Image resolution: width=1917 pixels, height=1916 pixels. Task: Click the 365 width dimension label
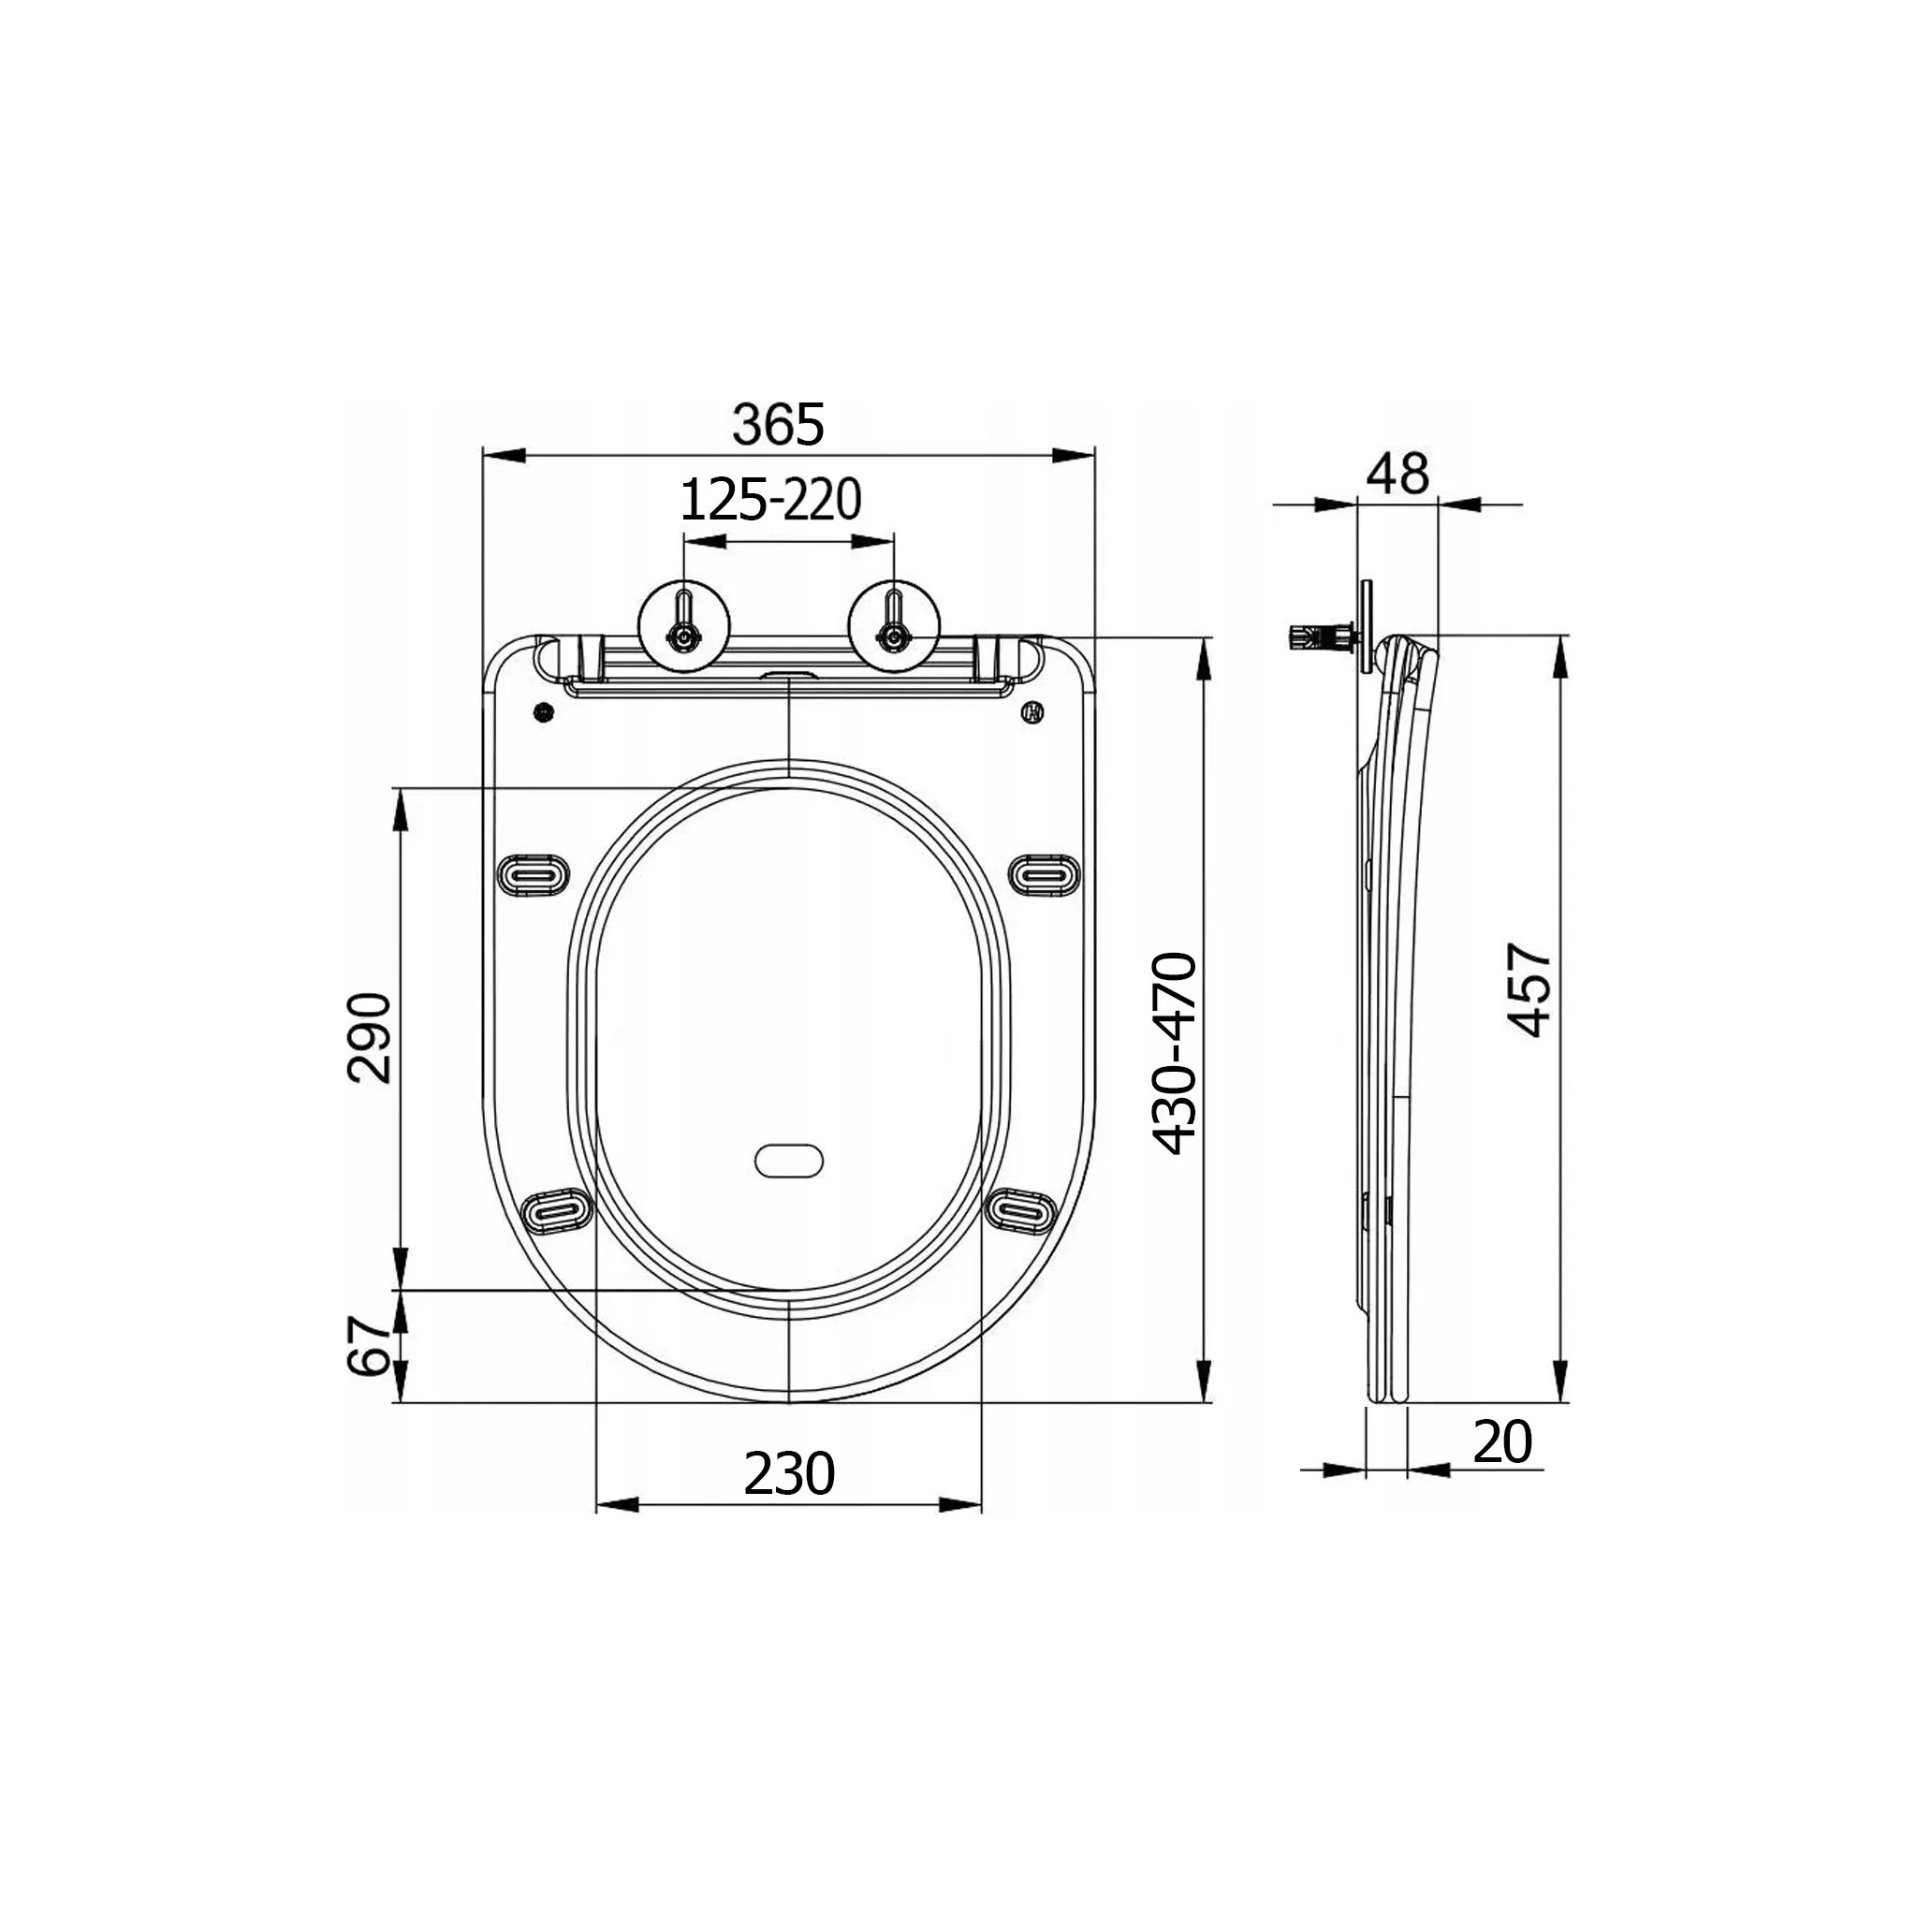click(778, 425)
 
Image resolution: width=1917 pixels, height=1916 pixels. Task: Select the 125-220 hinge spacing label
click(770, 500)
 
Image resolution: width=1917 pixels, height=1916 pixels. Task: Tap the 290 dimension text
click(370, 1037)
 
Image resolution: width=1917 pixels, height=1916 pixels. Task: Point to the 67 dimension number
click(370, 1345)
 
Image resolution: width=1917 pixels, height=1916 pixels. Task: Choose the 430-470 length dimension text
click(1177, 1054)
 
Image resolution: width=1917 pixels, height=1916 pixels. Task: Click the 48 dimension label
click(1398, 474)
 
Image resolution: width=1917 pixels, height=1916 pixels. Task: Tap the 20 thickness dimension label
click(1502, 1442)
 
